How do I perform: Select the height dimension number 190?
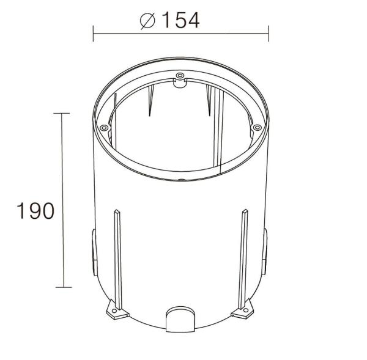[35, 211]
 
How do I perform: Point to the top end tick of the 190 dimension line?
[61, 113]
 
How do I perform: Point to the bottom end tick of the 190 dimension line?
[61, 287]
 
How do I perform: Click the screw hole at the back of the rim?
[179, 76]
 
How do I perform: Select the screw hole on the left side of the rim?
[104, 127]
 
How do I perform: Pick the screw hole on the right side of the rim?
[257, 127]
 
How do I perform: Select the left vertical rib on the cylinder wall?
[117, 257]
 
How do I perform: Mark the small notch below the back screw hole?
[179, 84]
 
